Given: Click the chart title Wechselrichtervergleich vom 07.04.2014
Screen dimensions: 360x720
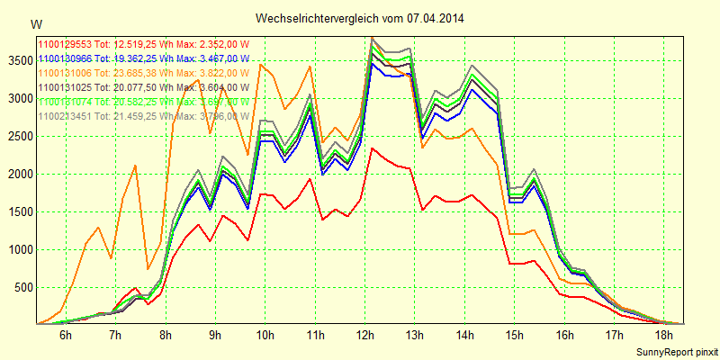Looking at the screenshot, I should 360,18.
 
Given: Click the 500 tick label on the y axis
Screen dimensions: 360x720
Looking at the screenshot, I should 22,288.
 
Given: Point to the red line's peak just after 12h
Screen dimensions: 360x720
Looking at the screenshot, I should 372,148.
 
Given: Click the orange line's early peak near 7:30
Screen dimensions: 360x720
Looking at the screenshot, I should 134,166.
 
